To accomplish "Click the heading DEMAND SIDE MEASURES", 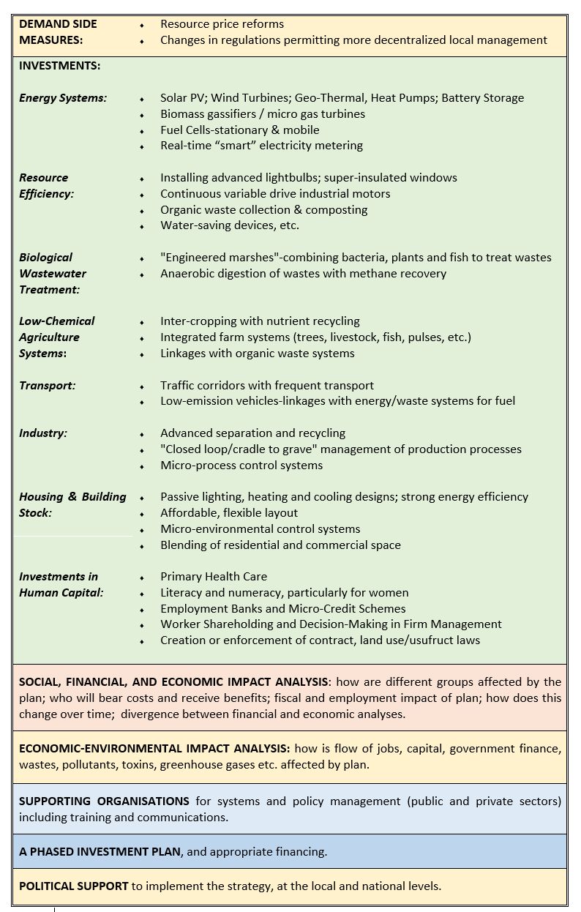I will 58,31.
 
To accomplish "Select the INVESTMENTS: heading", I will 59,66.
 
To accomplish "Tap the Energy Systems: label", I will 63,98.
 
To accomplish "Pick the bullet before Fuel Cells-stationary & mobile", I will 142,130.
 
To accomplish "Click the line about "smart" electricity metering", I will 261,146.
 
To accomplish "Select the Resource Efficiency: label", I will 46,186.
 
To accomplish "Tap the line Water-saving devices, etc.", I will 229,225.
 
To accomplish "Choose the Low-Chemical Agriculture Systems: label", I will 56,337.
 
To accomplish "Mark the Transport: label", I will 48,386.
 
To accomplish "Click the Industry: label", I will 43,433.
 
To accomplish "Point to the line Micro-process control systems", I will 241,466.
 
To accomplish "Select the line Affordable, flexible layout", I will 229,513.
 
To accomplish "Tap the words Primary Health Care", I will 214,577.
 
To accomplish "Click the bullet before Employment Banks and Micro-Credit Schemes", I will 142,609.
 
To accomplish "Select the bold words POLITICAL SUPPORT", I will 73,886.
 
